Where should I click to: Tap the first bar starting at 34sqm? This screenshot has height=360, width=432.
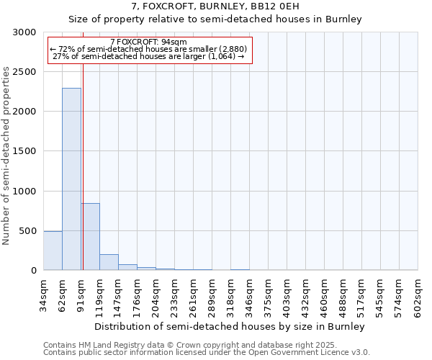click(53, 251)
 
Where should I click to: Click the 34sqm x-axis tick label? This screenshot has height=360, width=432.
click(43, 292)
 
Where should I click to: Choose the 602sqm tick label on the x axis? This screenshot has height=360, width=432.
click(418, 295)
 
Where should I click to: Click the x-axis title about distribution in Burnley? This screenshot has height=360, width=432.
click(230, 326)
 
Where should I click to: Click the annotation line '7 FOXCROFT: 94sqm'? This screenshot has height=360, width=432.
click(150, 42)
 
